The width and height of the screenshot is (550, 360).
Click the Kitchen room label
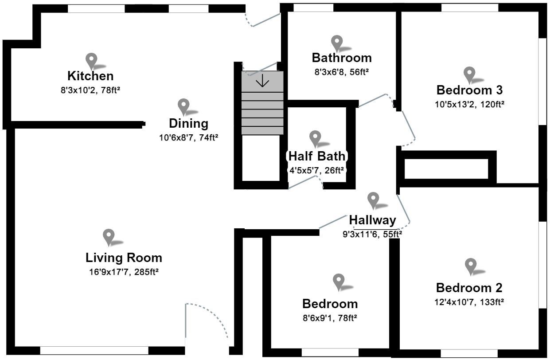tap(90, 76)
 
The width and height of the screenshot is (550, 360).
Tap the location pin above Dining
tap(183, 107)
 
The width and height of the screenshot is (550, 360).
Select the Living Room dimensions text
tap(124, 272)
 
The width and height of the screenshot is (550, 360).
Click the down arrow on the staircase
tap(262, 81)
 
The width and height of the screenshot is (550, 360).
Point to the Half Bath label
tap(316, 156)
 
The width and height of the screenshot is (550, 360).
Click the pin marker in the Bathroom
tap(337, 43)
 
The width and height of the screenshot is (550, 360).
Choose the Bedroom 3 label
tap(469, 90)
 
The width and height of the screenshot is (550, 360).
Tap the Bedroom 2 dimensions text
tap(469, 302)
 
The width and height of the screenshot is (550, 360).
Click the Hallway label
tap(372, 220)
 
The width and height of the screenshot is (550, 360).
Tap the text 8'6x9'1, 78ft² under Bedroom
tap(330, 318)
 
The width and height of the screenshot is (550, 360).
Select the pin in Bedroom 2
tap(471, 266)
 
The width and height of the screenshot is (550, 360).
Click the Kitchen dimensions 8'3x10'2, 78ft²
tap(90, 89)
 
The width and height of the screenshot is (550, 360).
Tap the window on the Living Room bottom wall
tap(94, 350)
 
